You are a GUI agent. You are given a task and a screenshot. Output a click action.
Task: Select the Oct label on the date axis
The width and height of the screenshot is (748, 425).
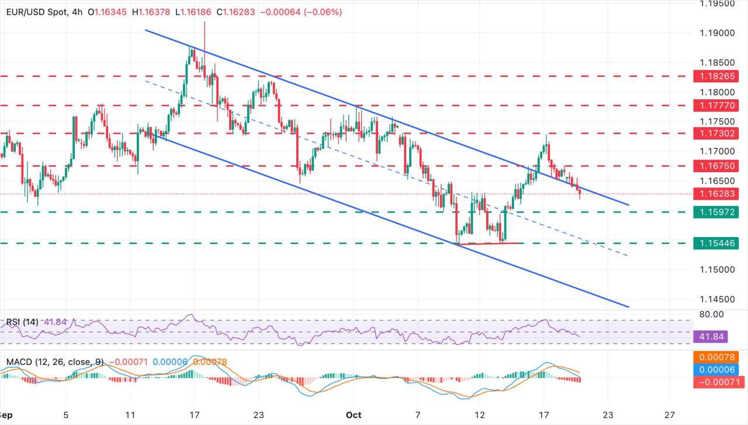pyautogui.click(x=353, y=415)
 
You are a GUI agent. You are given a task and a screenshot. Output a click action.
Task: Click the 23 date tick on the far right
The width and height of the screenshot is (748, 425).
pyautogui.click(x=608, y=415)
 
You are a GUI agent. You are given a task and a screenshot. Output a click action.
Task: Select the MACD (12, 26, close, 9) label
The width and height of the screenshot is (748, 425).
pyautogui.click(x=55, y=362)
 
